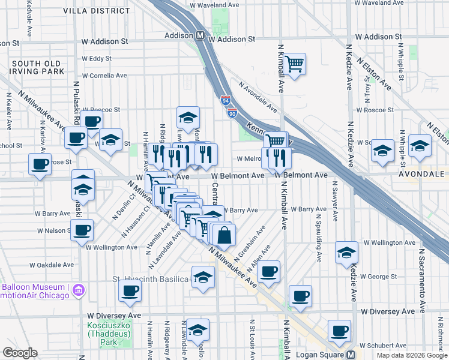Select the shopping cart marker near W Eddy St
[x=294, y=64]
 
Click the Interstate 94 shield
[x=226, y=100]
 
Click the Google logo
[x=20, y=353]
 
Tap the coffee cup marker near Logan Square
[x=339, y=330]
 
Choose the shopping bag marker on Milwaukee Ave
[x=223, y=235]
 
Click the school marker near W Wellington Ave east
[x=346, y=252]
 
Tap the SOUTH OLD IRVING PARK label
[x=37, y=67]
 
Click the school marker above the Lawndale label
[x=188, y=116]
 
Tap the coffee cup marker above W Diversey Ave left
[x=129, y=292]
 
